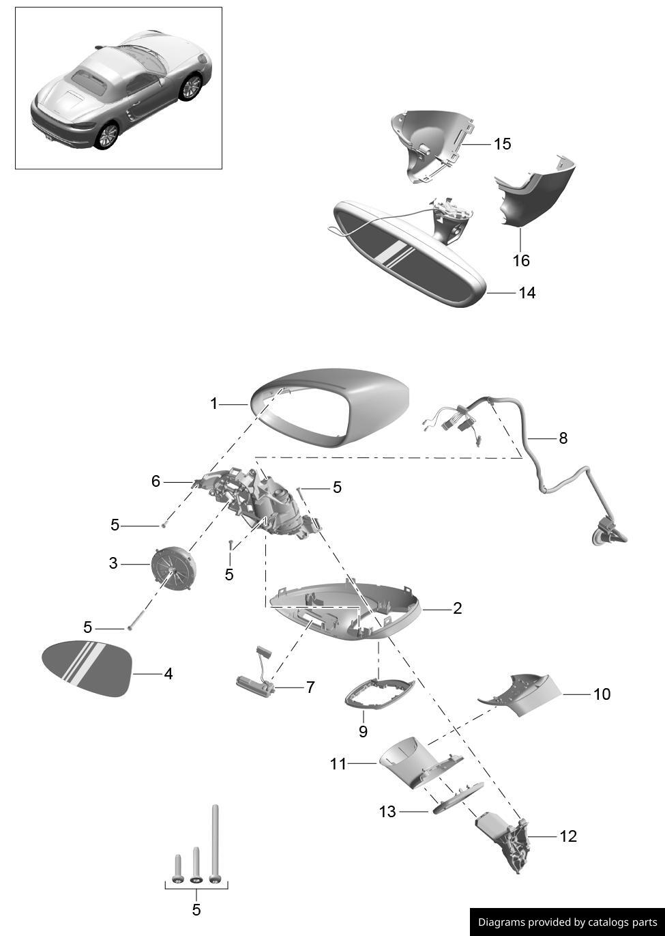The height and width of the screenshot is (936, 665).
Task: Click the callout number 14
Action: point(527,293)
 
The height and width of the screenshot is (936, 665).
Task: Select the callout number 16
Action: point(520,261)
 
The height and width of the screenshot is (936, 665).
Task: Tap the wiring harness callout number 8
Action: point(563,438)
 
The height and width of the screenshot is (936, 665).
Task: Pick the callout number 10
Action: point(602,694)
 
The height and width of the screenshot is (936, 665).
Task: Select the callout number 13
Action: point(387,812)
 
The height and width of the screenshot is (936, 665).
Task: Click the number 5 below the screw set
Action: point(196,910)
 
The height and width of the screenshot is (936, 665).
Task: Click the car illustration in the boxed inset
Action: point(119,89)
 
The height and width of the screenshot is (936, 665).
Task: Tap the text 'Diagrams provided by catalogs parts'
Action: point(567,922)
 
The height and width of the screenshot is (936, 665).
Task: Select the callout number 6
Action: point(156,482)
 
